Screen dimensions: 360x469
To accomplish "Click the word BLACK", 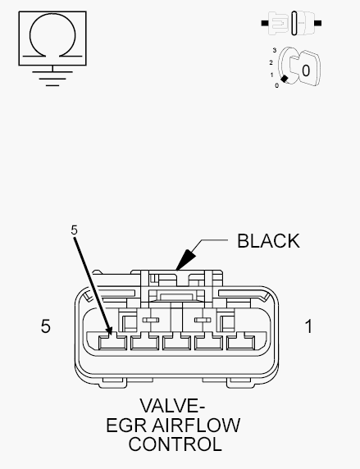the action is tap(268, 241).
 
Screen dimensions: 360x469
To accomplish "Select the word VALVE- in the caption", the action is tap(172, 406).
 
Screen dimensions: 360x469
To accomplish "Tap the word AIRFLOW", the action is tap(196, 426).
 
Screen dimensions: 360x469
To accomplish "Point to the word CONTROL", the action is tap(175, 444).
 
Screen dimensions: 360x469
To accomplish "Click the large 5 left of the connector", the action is tap(45, 326).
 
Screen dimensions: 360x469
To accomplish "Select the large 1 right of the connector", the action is tap(309, 326).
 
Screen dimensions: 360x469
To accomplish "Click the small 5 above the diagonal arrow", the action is tap(75, 230).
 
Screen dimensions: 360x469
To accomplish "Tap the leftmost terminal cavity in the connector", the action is tap(112, 343).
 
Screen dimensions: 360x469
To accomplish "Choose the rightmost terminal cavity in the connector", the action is tap(240, 343).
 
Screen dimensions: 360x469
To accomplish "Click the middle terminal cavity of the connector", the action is tap(176, 343).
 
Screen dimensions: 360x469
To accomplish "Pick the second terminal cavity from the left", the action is tap(144, 343).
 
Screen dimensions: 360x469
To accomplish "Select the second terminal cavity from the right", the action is tap(208, 343).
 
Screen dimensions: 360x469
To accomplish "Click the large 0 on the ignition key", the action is tap(306, 71).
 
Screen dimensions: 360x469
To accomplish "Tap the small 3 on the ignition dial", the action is tap(275, 50).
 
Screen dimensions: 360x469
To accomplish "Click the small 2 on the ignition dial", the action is tap(271, 62).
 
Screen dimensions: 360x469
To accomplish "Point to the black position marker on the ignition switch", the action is tap(285, 79).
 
